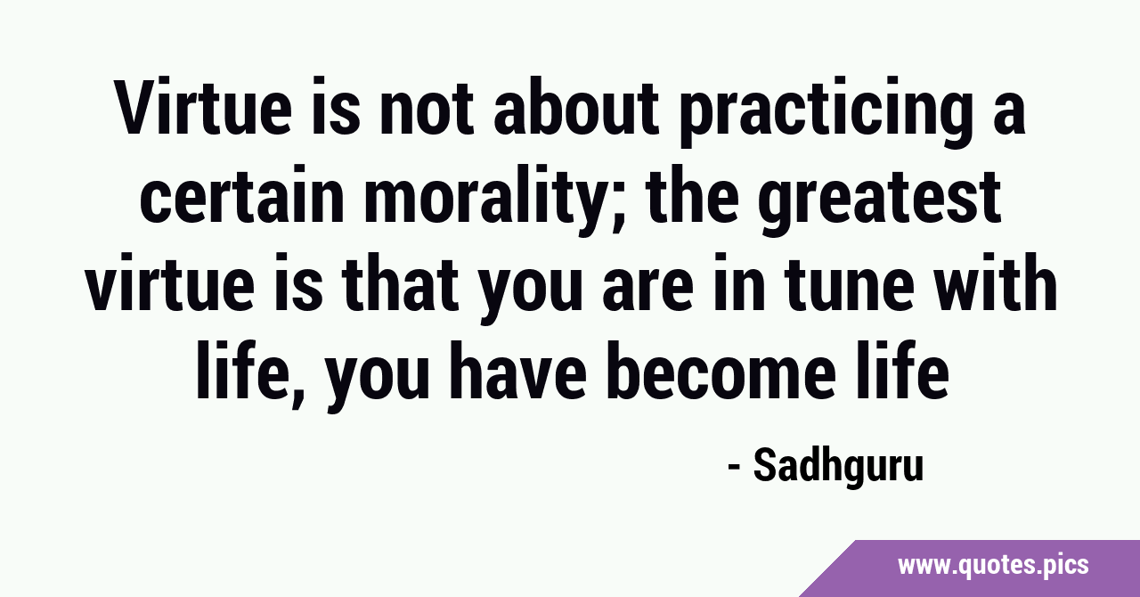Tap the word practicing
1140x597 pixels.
[824, 112]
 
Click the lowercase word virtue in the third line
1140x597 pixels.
[169, 282]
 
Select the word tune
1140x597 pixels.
[849, 283]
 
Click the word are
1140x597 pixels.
[647, 289]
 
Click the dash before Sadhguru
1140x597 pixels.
[734, 467]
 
